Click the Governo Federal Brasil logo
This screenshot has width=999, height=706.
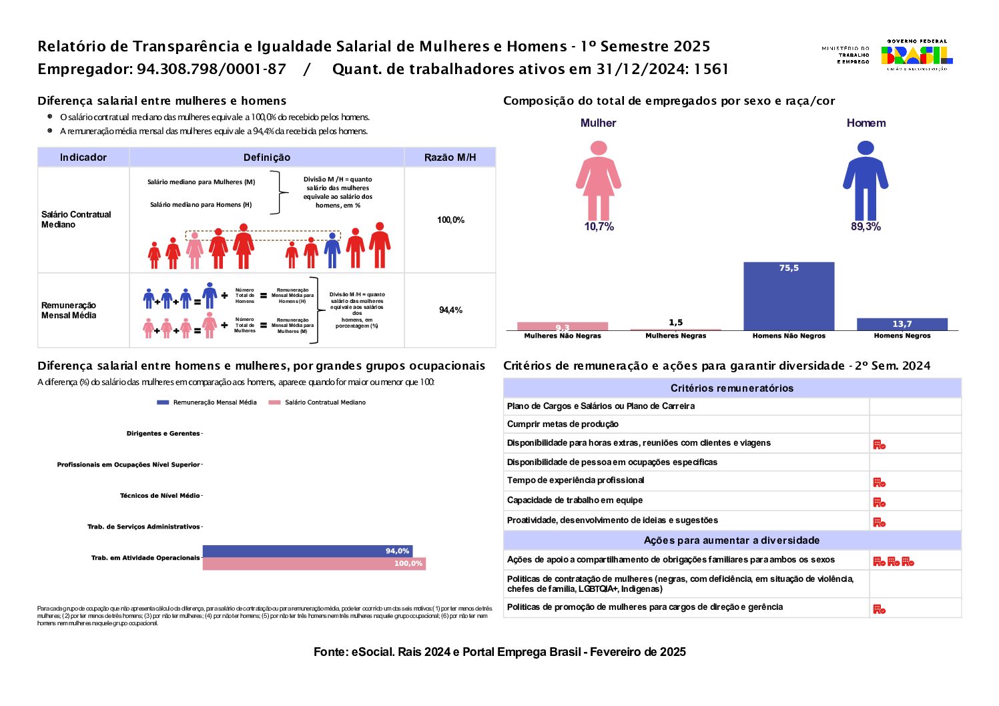916,55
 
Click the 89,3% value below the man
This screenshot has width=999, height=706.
866,227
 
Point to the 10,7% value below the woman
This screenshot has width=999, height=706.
599,227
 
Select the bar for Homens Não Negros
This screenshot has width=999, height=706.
789,296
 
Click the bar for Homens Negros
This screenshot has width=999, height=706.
902,324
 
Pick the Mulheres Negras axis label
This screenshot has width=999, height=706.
675,336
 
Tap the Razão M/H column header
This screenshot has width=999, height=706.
450,157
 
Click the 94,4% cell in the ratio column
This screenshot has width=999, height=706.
450,310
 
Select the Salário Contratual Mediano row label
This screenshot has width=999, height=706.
76,220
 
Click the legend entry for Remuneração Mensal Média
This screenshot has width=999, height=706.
208,402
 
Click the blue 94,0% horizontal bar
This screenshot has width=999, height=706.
307,551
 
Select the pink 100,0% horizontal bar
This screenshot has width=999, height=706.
314,564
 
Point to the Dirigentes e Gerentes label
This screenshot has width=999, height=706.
163,434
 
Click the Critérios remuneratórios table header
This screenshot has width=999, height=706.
732,388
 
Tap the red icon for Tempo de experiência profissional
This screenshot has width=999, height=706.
879,482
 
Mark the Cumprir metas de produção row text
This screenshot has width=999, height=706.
563,424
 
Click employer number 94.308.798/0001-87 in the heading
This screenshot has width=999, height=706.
212,69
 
